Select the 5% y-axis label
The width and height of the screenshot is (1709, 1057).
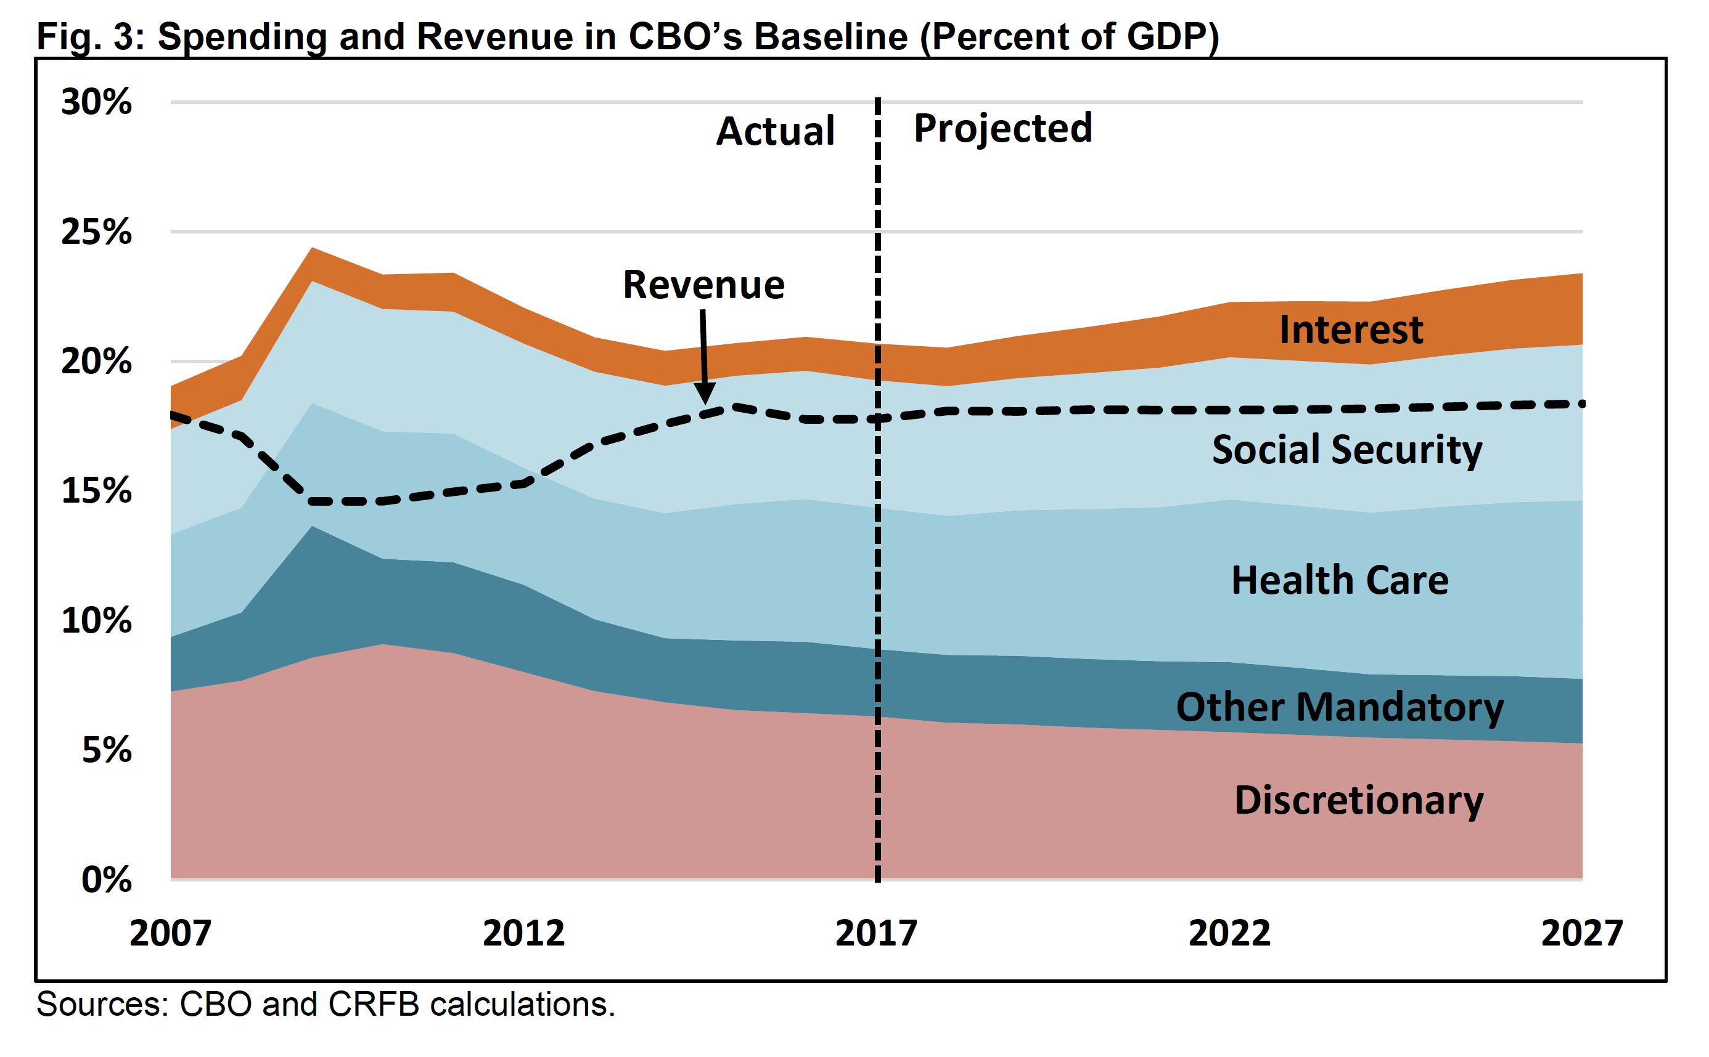pyautogui.click(x=106, y=750)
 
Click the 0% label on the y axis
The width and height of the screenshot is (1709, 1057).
pyautogui.click(x=106, y=880)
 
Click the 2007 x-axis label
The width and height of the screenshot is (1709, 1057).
pyautogui.click(x=170, y=933)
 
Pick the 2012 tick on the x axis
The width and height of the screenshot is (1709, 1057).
pyautogui.click(x=523, y=933)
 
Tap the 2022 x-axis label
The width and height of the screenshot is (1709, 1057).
pyautogui.click(x=1229, y=933)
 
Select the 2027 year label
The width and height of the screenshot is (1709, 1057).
pyautogui.click(x=1581, y=933)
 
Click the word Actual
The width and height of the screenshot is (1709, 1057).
pyautogui.click(x=775, y=131)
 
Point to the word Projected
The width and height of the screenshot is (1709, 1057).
pyautogui.click(x=1002, y=129)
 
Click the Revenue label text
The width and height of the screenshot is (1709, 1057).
pyautogui.click(x=703, y=285)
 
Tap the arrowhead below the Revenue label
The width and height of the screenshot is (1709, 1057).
pyautogui.click(x=706, y=393)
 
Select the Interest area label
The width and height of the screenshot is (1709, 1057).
pyautogui.click(x=1351, y=330)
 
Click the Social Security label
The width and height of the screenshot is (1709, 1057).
pyautogui.click(x=1346, y=450)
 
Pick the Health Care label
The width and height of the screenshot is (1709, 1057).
pyautogui.click(x=1340, y=580)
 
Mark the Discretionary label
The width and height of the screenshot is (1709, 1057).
pyautogui.click(x=1359, y=800)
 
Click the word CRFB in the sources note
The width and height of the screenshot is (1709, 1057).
pyautogui.click(x=374, y=1005)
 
